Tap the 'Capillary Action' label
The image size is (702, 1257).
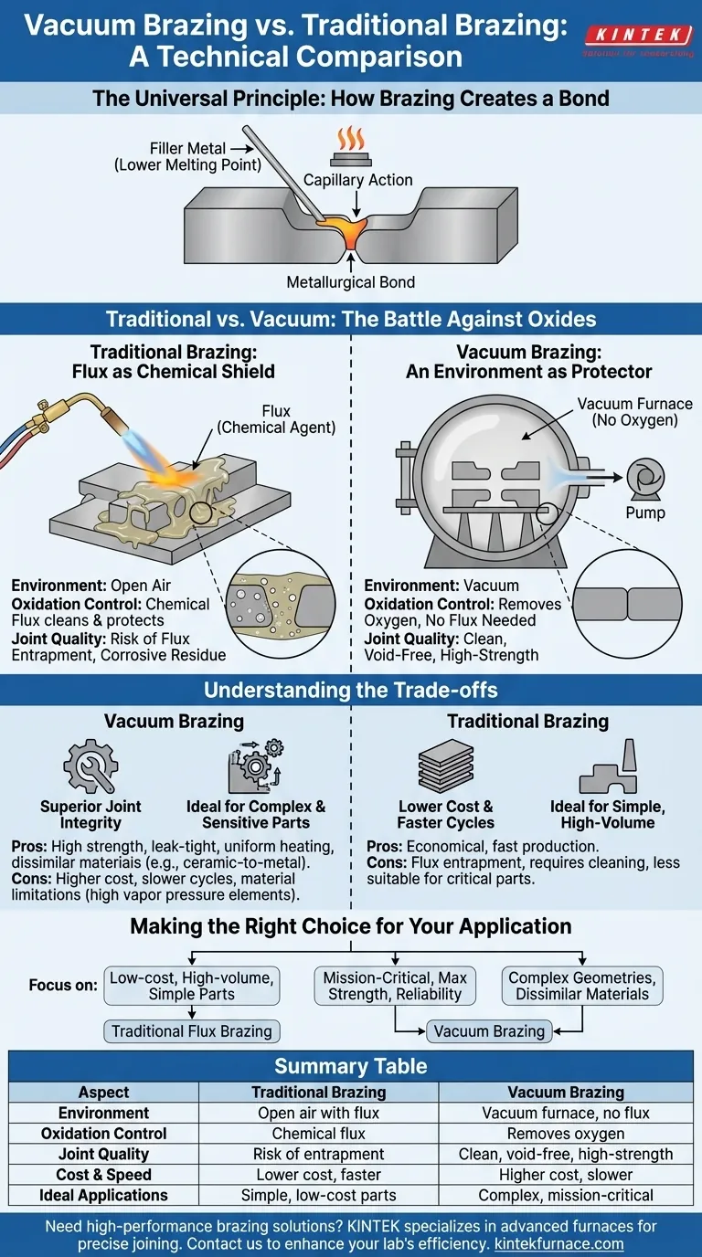(358, 180)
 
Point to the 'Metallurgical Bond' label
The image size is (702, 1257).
(351, 281)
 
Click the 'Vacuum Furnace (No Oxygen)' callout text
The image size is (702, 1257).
(634, 412)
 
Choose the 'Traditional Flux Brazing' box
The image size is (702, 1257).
(191, 1031)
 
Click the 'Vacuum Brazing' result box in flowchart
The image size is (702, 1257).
(489, 1031)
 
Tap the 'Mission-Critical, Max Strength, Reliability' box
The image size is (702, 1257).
(395, 986)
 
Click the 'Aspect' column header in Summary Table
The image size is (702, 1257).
(104, 1092)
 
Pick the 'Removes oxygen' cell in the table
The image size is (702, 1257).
(566, 1134)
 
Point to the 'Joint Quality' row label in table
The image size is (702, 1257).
(104, 1154)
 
